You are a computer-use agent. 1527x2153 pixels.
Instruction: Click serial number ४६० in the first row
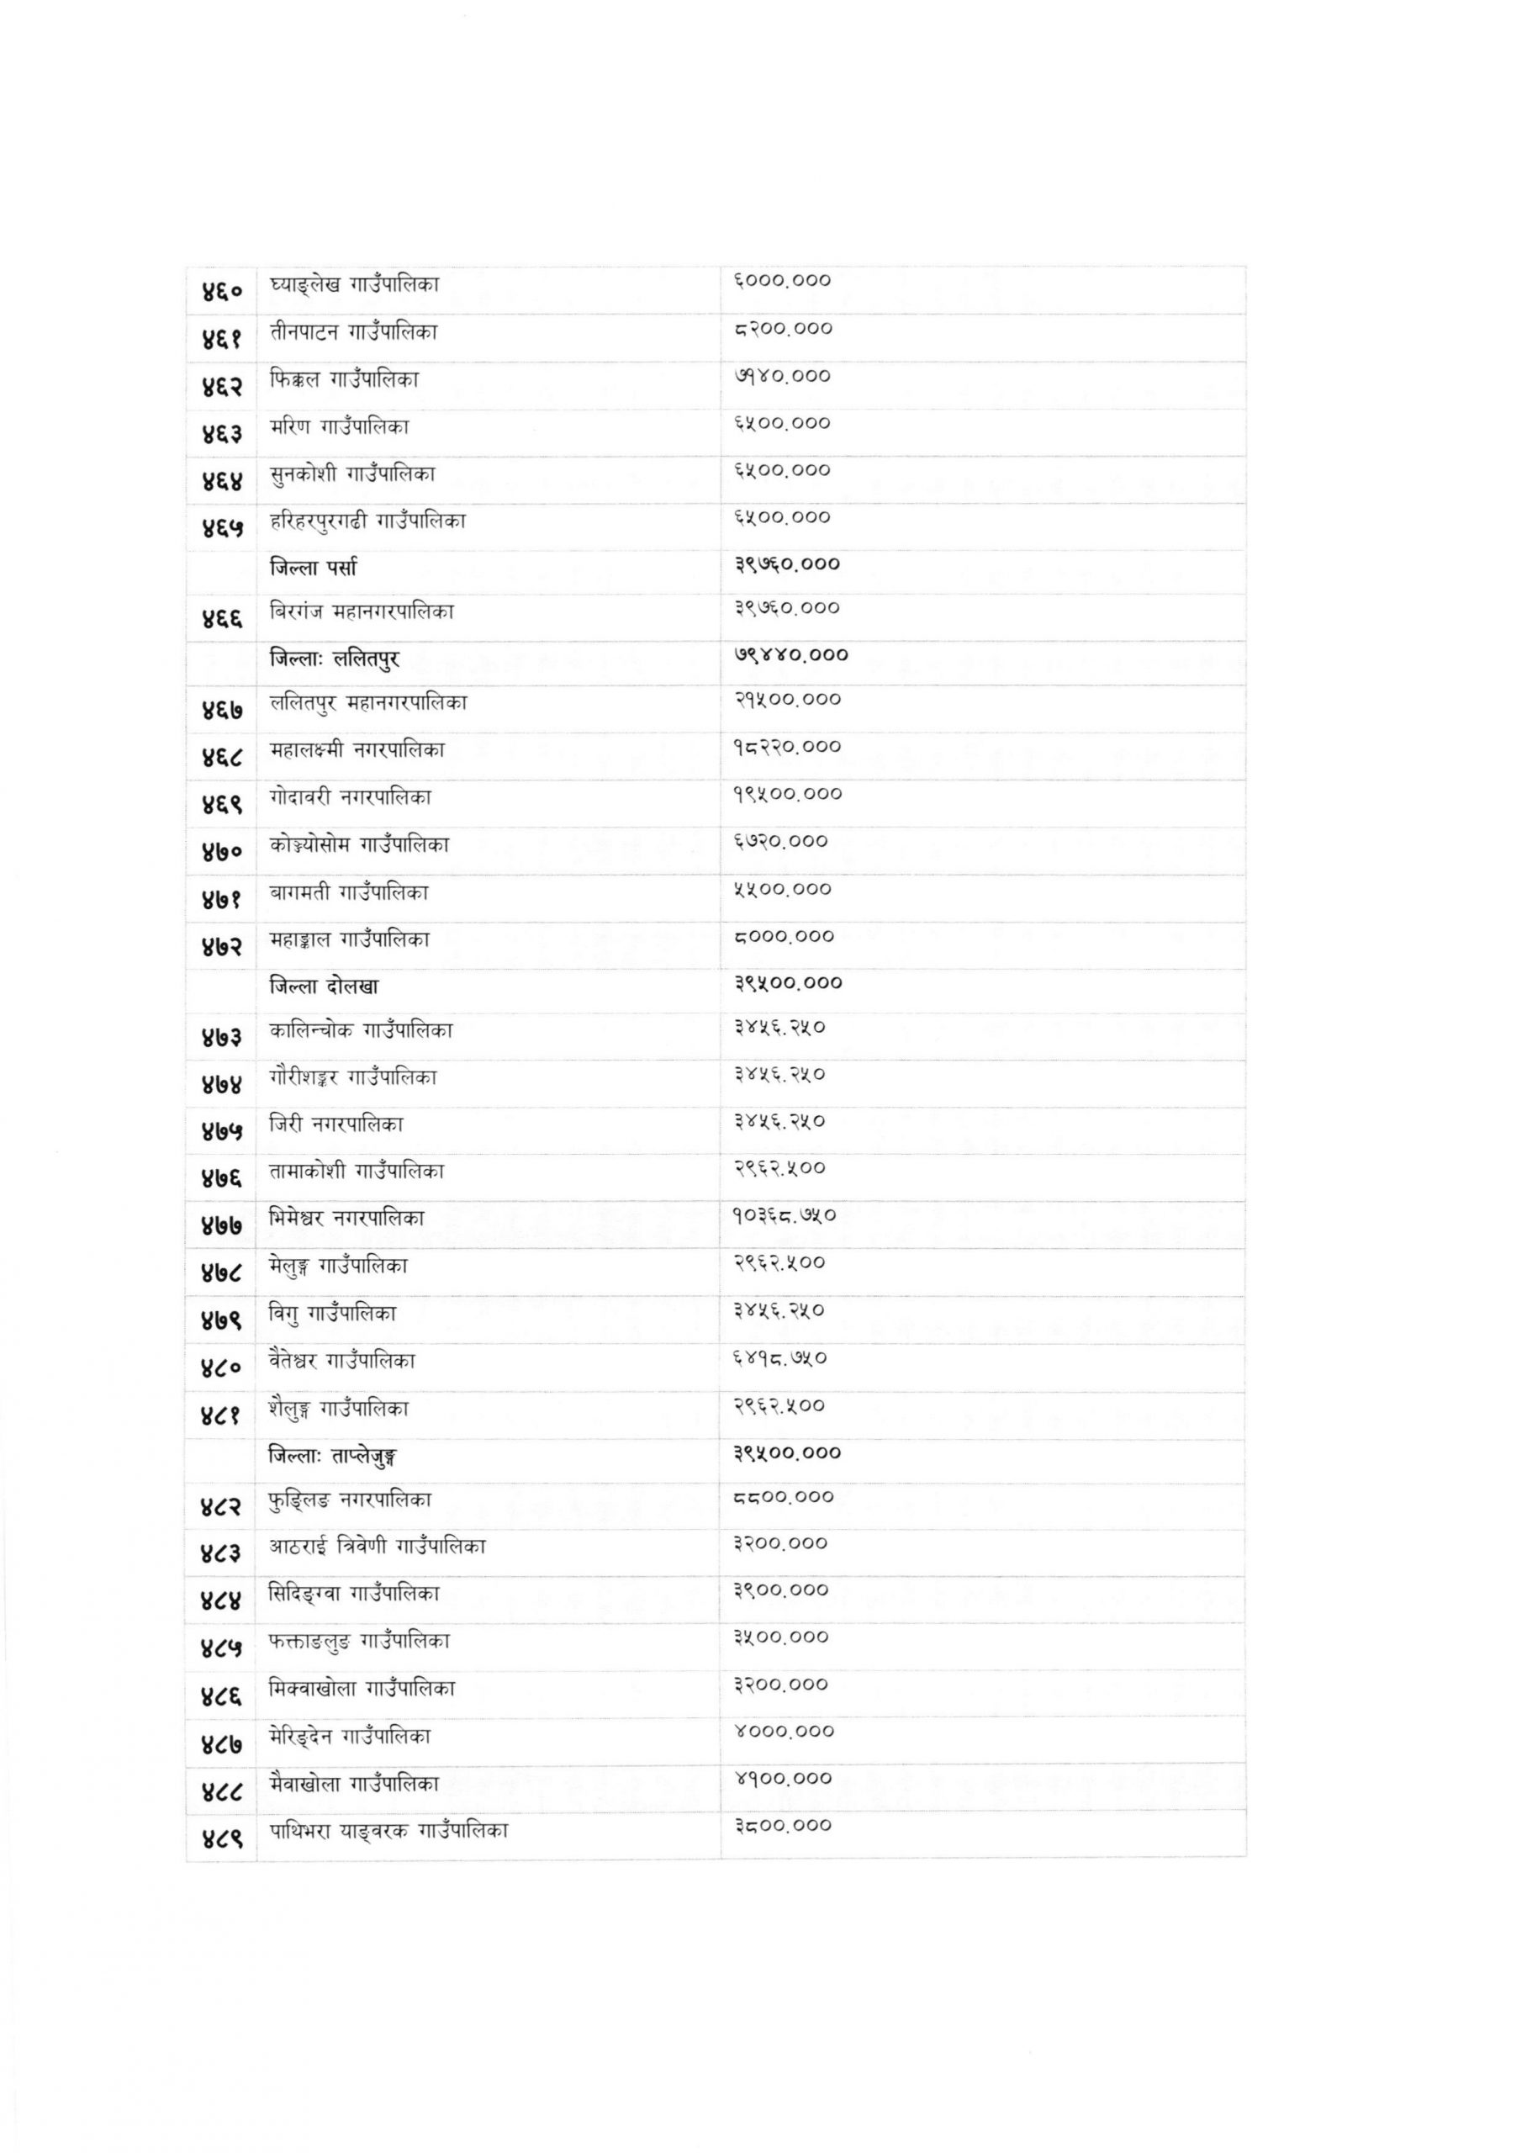point(221,293)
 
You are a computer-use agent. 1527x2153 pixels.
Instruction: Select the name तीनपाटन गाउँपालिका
point(352,332)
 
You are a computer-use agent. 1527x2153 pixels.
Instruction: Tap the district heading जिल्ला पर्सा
point(312,567)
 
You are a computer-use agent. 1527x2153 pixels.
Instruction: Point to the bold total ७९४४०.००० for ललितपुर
point(790,654)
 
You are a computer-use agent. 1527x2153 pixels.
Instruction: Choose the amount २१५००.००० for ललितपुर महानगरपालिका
point(787,700)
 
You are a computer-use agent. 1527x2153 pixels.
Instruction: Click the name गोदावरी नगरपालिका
point(350,797)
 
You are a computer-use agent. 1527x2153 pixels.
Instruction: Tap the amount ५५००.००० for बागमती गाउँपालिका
point(782,888)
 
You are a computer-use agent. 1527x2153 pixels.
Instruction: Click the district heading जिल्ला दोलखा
point(324,987)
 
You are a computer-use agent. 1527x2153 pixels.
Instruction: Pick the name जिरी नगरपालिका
point(336,1124)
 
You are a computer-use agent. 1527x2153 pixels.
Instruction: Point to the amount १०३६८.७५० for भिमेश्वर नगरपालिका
point(785,1215)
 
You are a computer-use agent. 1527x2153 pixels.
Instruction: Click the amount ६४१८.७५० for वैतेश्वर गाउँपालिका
point(780,1358)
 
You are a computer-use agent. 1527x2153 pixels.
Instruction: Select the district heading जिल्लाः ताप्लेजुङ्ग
point(333,1457)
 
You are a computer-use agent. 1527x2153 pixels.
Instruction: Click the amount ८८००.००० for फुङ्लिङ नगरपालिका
point(783,1498)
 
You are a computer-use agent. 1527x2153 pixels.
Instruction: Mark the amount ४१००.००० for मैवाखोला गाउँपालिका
point(782,1779)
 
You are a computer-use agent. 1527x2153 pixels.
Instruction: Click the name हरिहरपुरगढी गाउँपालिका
point(367,520)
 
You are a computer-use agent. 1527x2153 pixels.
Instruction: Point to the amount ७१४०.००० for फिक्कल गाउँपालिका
point(781,376)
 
